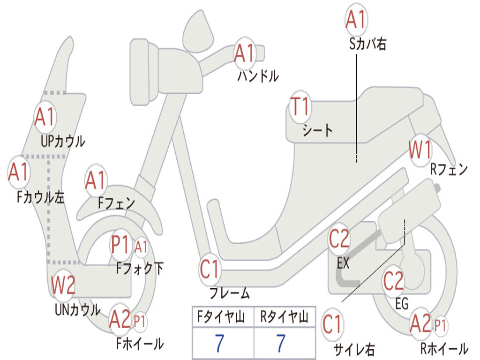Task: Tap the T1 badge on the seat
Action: (x=300, y=106)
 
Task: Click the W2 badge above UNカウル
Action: (x=63, y=285)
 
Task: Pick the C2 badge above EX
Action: (x=339, y=239)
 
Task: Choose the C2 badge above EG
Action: (x=393, y=281)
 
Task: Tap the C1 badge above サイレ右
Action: (x=332, y=324)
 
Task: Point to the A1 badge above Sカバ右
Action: (x=356, y=19)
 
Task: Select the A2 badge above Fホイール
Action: (x=120, y=319)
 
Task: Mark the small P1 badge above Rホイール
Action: (x=440, y=326)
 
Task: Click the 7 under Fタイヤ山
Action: (x=219, y=344)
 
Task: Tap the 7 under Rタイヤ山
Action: (x=281, y=344)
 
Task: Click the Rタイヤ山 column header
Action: (x=284, y=317)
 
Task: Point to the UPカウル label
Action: (x=63, y=142)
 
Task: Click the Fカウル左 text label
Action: (x=40, y=197)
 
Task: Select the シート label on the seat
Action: (x=317, y=130)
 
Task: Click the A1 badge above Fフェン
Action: (x=96, y=180)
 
